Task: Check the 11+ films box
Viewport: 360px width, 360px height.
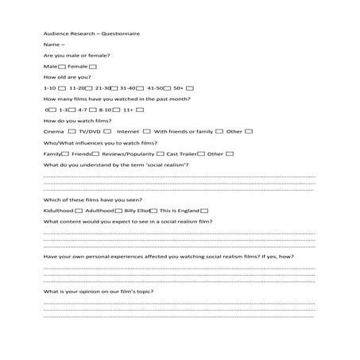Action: (x=140, y=109)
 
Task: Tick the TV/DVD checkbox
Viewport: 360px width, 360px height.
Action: (x=106, y=130)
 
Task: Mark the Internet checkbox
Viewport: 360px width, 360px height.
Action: (x=146, y=130)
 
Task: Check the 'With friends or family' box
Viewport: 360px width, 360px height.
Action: (x=219, y=130)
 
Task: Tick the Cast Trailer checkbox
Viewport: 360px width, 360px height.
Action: (x=200, y=153)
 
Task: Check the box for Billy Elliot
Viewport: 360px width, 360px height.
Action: (x=153, y=210)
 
